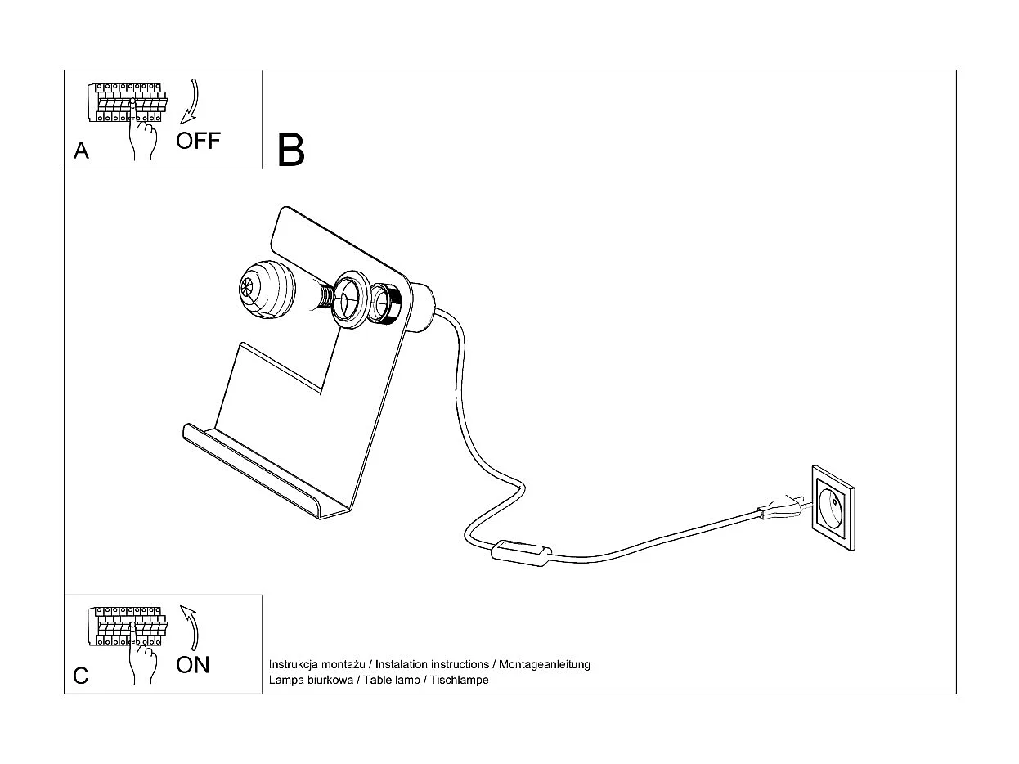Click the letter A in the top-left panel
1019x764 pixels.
(81, 151)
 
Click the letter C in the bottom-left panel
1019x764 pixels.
(81, 676)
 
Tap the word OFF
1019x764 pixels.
(198, 141)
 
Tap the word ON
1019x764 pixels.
(193, 664)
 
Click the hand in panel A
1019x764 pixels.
(142, 137)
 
